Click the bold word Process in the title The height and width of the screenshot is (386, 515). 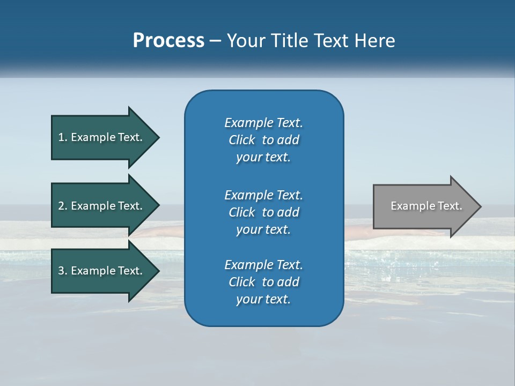click(168, 41)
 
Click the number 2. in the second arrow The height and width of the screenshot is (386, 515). click(62, 206)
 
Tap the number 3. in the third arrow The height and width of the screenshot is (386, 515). click(62, 271)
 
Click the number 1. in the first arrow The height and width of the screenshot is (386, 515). click(62, 137)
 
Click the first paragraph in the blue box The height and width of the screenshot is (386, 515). click(263, 140)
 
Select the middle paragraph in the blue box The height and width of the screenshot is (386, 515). click(263, 212)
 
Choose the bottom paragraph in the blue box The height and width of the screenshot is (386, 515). click(263, 282)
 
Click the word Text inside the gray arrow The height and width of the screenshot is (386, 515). click(450, 206)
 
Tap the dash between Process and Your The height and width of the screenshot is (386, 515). click(215, 41)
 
